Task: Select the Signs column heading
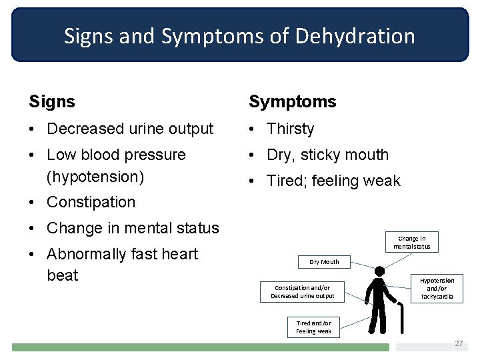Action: coord(52,102)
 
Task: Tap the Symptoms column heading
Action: coord(293,102)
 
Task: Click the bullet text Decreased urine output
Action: coord(130,129)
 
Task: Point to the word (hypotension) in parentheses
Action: coord(95,177)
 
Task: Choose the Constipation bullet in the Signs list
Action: coord(91,202)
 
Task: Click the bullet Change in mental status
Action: coord(133,228)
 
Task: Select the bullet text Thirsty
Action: coord(290,129)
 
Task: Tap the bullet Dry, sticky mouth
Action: coord(327,155)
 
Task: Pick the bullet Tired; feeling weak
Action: coord(333,181)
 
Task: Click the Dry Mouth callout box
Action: coord(324,262)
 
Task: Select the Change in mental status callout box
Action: coord(411,242)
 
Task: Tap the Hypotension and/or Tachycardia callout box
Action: coord(437,288)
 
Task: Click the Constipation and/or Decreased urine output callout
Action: coord(302,291)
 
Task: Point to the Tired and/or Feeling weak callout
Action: coord(313,327)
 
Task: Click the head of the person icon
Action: coord(379,272)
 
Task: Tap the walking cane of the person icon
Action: coord(401,319)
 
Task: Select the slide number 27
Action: coord(458,343)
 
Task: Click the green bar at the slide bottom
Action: coord(200,347)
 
